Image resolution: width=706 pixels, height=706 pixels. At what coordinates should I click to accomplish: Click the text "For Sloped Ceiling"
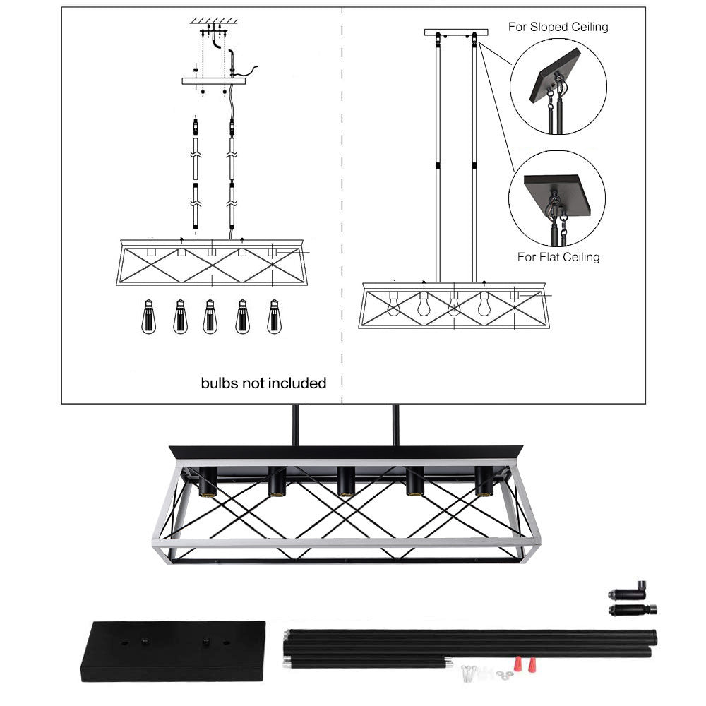558,28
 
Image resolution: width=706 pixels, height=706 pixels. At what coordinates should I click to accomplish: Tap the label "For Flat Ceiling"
558,257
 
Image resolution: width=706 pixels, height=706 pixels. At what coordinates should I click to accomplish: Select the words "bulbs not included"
263,383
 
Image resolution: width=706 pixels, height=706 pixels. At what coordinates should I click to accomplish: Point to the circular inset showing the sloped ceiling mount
558,86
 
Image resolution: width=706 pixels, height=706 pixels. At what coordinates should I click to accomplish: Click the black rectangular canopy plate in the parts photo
173,650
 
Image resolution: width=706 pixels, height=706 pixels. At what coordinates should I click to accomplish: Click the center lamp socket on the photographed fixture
345,482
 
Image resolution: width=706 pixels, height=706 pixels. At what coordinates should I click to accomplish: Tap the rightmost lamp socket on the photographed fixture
484,482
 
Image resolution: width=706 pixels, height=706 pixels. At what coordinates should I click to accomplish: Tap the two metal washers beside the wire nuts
502,676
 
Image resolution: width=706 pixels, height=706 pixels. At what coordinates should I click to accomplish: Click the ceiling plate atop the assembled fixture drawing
455,32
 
